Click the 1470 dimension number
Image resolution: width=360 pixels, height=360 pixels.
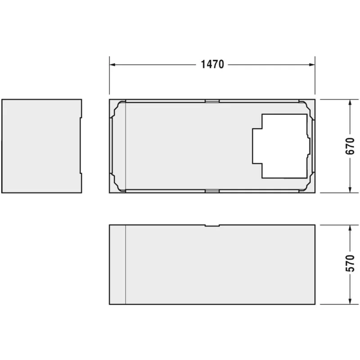point(212,64)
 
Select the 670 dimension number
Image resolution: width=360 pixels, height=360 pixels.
point(350,146)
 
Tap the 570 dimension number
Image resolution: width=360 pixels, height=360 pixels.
point(350,263)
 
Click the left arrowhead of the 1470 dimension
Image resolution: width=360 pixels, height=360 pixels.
point(112,65)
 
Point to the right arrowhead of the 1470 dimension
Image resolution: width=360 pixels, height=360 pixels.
point(312,65)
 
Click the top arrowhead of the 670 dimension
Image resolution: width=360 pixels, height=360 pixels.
point(350,103)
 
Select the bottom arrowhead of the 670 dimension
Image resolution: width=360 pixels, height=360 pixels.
point(350,189)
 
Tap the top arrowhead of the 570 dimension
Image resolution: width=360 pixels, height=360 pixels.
point(350,228)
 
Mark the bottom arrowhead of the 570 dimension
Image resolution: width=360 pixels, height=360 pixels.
point(350,301)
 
